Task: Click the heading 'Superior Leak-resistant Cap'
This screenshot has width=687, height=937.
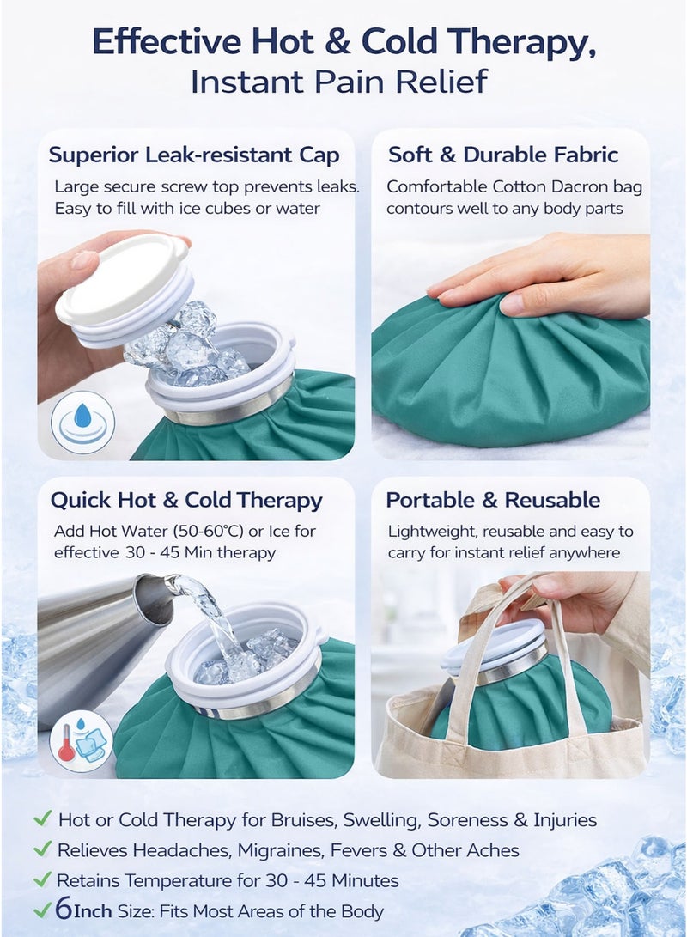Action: (x=194, y=155)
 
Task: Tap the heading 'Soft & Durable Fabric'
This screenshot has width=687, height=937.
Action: (x=503, y=155)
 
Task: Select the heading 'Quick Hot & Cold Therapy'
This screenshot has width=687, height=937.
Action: (x=186, y=501)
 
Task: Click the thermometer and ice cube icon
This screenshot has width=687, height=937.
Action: (x=82, y=739)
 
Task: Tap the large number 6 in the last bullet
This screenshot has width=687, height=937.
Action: (x=62, y=910)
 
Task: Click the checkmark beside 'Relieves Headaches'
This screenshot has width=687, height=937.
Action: (x=42, y=849)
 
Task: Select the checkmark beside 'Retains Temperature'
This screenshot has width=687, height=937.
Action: (x=42, y=879)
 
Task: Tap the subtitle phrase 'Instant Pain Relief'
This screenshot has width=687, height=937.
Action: (x=339, y=82)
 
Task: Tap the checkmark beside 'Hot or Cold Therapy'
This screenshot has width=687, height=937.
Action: (x=42, y=819)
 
